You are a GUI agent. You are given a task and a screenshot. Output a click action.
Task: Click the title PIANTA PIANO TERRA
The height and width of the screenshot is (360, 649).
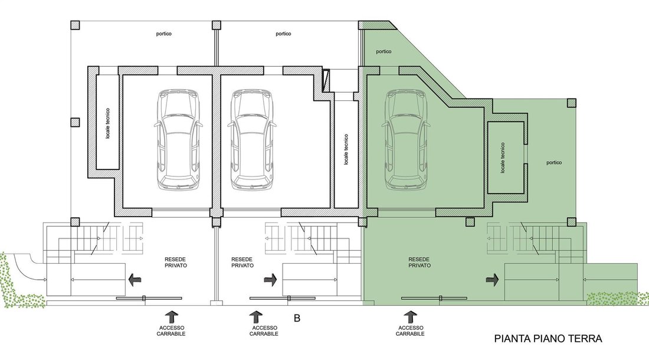click(x=548, y=339)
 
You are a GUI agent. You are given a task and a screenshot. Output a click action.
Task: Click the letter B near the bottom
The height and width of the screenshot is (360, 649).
click(x=297, y=318)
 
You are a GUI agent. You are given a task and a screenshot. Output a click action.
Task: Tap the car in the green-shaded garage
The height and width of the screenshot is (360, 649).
click(x=406, y=140)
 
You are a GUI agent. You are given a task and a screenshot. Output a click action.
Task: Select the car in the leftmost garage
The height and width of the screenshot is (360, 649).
click(x=178, y=140)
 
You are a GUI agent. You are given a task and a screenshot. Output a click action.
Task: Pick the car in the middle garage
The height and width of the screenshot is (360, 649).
click(x=252, y=140)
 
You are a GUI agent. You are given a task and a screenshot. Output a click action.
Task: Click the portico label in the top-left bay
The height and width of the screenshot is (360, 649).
click(x=164, y=34)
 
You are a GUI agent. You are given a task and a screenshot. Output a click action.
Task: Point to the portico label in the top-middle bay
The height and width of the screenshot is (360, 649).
click(x=284, y=34)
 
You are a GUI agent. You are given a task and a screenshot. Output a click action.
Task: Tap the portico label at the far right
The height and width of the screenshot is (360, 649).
click(x=554, y=163)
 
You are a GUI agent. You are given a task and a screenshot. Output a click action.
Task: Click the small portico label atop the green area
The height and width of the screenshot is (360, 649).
click(x=383, y=52)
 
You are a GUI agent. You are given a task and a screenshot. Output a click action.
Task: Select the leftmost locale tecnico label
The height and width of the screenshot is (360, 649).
click(x=107, y=123)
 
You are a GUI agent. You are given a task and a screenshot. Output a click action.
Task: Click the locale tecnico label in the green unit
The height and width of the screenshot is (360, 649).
click(x=503, y=158)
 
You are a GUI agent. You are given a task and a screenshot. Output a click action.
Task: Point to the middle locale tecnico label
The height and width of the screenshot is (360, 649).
click(x=346, y=149)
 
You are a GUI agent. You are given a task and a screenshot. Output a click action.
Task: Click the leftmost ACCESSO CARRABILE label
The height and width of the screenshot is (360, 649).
click(x=171, y=330)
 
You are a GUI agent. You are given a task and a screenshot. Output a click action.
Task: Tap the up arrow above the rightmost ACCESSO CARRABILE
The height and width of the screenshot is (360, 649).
click(x=410, y=318)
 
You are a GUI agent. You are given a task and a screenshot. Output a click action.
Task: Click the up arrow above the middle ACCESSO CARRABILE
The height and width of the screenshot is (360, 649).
click(x=256, y=318)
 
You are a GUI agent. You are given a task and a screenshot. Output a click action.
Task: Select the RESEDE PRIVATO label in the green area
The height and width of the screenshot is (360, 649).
click(x=419, y=263)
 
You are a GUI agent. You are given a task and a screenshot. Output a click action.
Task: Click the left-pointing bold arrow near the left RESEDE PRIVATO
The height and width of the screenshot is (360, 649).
click(x=135, y=280)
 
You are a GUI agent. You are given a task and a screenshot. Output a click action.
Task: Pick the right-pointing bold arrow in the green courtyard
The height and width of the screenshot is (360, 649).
click(x=492, y=280)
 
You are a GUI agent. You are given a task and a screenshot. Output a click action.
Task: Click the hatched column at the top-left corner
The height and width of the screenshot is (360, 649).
click(x=75, y=25)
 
